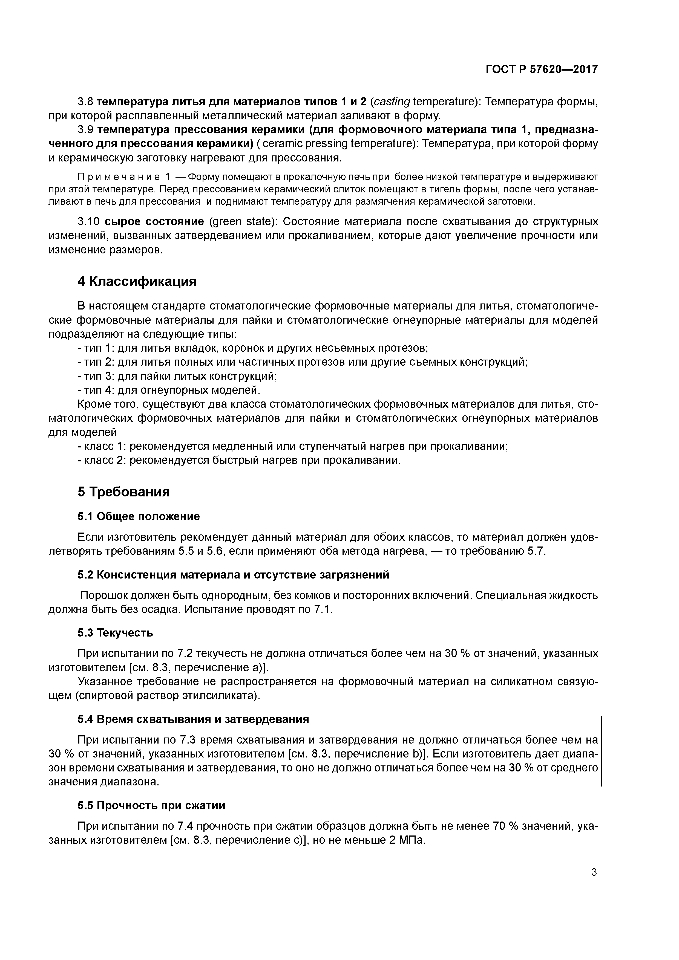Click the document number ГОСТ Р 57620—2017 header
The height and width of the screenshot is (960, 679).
click(x=542, y=70)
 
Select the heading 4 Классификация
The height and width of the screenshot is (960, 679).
click(x=137, y=281)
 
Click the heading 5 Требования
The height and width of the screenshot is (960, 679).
click(x=123, y=492)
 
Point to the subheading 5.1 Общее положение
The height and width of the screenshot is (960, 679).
click(x=139, y=516)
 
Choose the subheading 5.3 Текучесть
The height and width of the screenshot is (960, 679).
click(x=115, y=633)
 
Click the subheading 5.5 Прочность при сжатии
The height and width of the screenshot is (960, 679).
click(x=151, y=805)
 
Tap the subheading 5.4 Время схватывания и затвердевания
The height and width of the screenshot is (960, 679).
click(x=193, y=719)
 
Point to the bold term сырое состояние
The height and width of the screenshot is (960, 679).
click(x=154, y=221)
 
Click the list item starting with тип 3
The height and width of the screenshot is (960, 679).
click(x=178, y=376)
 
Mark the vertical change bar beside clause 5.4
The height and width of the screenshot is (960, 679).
click(x=601, y=751)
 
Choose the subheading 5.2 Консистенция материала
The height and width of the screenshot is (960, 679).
click(x=233, y=575)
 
